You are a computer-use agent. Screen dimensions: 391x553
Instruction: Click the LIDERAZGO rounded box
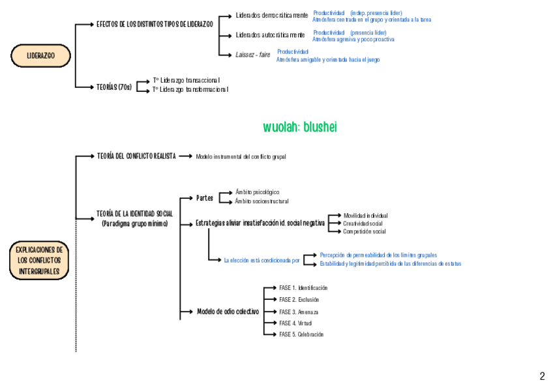pos(40,56)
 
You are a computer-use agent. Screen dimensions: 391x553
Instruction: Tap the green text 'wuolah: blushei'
pos(300,127)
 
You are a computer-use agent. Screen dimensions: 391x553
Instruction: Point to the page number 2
pos(542,376)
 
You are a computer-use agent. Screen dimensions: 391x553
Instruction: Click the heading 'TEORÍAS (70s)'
pos(115,87)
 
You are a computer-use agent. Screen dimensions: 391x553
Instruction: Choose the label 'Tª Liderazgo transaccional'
pos(187,80)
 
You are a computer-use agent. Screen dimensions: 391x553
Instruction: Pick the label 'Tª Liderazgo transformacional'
pos(190,90)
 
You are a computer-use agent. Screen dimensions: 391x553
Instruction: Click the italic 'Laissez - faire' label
pos(253,55)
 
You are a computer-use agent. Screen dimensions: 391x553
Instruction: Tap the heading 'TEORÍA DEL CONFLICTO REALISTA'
pos(136,156)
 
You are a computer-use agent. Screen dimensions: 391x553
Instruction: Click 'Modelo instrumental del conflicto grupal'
pos(241,157)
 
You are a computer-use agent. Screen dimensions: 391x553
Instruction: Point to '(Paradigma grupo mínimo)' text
pos(135,224)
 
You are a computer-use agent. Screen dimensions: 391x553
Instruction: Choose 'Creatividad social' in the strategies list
pos(363,224)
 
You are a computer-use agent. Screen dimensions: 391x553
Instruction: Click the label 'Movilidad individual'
pos(365,215)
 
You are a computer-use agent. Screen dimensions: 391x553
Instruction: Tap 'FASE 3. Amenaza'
pos(299,311)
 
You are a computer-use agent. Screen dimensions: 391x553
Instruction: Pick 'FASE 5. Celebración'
pos(301,334)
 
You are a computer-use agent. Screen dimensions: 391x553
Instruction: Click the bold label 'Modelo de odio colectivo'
pos(228,311)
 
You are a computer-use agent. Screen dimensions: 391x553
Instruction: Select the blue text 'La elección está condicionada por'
pos(262,260)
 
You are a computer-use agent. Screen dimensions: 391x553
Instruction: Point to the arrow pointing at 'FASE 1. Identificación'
pos(270,288)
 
